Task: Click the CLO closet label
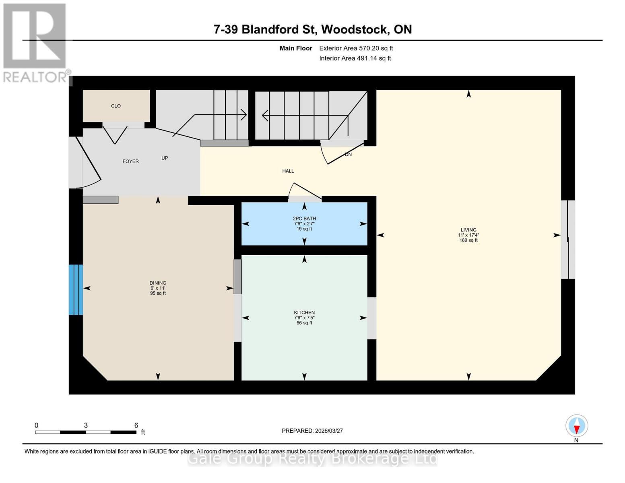pyautogui.click(x=116, y=106)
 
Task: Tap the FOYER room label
pyautogui.click(x=130, y=161)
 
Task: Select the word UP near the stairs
pyautogui.click(x=165, y=158)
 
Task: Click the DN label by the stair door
pyautogui.click(x=348, y=155)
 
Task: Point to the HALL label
pyautogui.click(x=288, y=171)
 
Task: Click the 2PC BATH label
pyautogui.click(x=304, y=219)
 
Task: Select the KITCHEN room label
pyautogui.click(x=304, y=313)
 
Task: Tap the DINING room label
pyautogui.click(x=158, y=283)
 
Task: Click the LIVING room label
pyautogui.click(x=468, y=230)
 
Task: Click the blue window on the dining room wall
pyautogui.click(x=76, y=290)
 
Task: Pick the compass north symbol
pyautogui.click(x=577, y=426)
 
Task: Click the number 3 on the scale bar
pyautogui.click(x=86, y=425)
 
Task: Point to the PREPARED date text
pyautogui.click(x=312, y=431)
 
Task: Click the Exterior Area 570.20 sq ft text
pyautogui.click(x=356, y=48)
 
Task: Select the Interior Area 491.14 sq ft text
pyautogui.click(x=355, y=58)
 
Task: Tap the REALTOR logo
pyautogui.click(x=35, y=42)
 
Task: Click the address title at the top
pyautogui.click(x=312, y=29)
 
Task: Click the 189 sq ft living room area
pyautogui.click(x=468, y=240)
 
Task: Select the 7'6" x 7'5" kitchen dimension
pyautogui.click(x=304, y=318)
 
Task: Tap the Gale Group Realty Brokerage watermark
pyautogui.click(x=312, y=459)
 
